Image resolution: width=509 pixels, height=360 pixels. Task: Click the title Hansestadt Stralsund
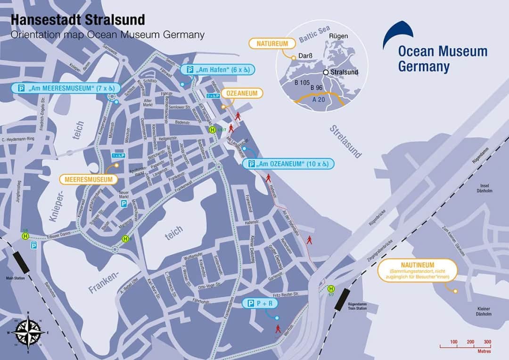[x=78, y=20]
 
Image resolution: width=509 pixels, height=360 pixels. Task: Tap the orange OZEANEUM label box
[x=242, y=93]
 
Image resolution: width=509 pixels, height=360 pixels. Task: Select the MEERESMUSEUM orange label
[x=88, y=180]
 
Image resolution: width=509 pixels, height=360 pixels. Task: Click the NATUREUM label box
[x=272, y=44]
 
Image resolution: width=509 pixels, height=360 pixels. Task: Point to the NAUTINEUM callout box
[x=418, y=270]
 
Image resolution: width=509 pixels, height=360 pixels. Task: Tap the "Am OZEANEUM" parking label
[x=288, y=164]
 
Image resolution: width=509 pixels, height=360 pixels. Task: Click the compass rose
[x=28, y=332]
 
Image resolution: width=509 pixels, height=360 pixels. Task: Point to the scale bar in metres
[x=465, y=346]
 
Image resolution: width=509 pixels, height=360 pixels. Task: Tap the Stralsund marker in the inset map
[x=325, y=73]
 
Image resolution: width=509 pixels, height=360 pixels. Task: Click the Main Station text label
[x=15, y=278]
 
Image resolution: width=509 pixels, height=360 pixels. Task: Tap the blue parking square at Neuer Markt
[x=123, y=204]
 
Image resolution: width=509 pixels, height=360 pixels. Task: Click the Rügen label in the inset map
[x=338, y=36]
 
